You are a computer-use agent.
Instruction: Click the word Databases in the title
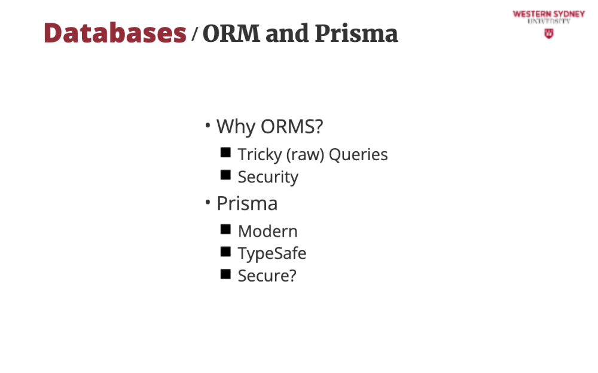click(x=115, y=33)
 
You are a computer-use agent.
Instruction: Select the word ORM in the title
click(x=231, y=33)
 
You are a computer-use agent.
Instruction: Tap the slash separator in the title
click(x=194, y=33)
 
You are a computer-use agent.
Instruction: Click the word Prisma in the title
click(x=356, y=33)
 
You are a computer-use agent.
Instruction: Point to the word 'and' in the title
click(x=287, y=33)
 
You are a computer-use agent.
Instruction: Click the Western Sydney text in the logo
click(x=548, y=14)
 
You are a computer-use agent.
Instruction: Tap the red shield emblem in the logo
click(x=549, y=34)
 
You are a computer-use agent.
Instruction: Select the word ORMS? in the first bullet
click(x=292, y=126)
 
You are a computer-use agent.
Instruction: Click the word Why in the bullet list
click(x=236, y=127)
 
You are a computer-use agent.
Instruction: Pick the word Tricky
click(x=260, y=155)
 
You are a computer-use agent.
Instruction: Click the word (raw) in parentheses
click(x=305, y=155)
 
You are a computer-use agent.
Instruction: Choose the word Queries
click(x=358, y=155)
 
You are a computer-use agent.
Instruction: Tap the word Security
click(x=268, y=178)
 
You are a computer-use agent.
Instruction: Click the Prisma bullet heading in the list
click(x=247, y=203)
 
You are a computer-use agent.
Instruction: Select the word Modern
click(x=268, y=231)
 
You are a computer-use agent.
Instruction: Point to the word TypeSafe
click(x=272, y=253)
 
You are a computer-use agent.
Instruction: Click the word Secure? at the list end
click(x=267, y=276)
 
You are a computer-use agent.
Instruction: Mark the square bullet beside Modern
click(x=225, y=229)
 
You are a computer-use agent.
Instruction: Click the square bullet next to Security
click(x=225, y=175)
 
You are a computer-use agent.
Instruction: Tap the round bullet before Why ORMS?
click(x=208, y=125)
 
